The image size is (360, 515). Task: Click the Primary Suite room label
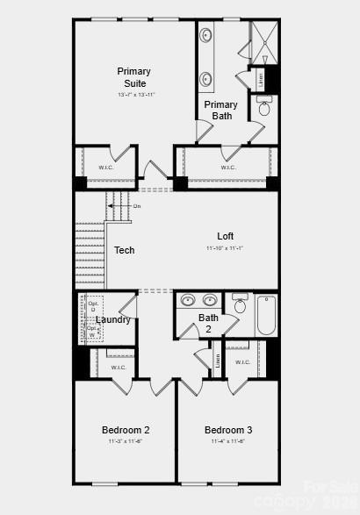point(134,77)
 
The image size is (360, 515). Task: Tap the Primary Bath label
point(220,110)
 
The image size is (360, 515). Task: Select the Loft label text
point(226,236)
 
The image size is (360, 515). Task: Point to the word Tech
point(124,251)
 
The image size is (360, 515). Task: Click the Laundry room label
point(113,319)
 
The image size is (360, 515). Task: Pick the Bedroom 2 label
point(126,430)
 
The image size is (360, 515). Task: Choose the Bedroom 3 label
point(228,430)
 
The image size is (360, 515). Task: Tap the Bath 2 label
point(208,323)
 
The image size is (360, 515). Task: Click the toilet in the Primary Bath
point(264,109)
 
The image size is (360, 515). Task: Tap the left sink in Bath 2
point(188,300)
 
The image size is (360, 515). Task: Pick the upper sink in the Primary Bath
point(205,36)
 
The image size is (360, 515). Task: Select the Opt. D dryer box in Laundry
point(93,306)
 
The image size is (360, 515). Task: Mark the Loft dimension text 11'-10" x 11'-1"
point(225,248)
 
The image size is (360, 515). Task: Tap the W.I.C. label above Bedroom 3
point(242,361)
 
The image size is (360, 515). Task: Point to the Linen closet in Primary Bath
point(260,79)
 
